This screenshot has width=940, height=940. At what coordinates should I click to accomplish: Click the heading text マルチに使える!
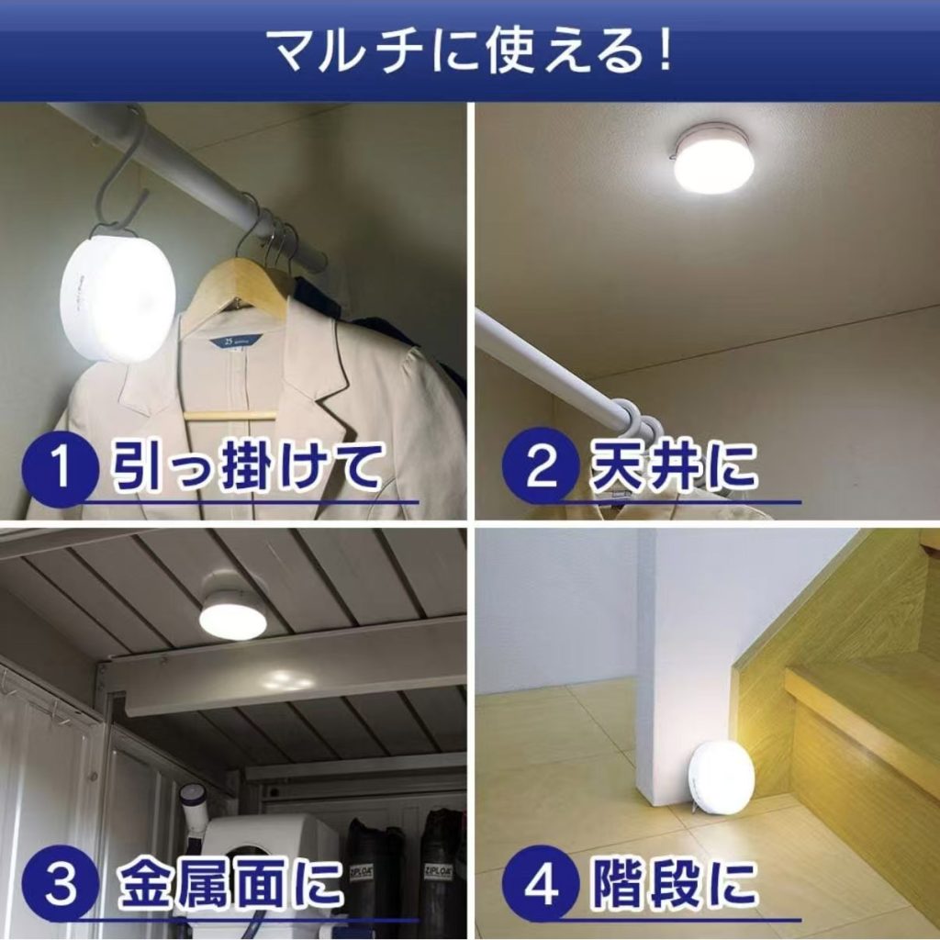point(469,51)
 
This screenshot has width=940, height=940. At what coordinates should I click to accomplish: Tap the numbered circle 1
point(60,469)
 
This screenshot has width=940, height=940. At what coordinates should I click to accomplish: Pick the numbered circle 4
point(540,884)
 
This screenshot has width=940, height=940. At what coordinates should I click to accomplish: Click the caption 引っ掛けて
point(247,465)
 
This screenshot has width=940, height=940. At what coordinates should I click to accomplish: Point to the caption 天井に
point(672,464)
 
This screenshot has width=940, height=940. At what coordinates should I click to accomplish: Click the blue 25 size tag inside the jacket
point(235,341)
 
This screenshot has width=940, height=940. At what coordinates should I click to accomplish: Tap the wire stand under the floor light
point(699,805)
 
